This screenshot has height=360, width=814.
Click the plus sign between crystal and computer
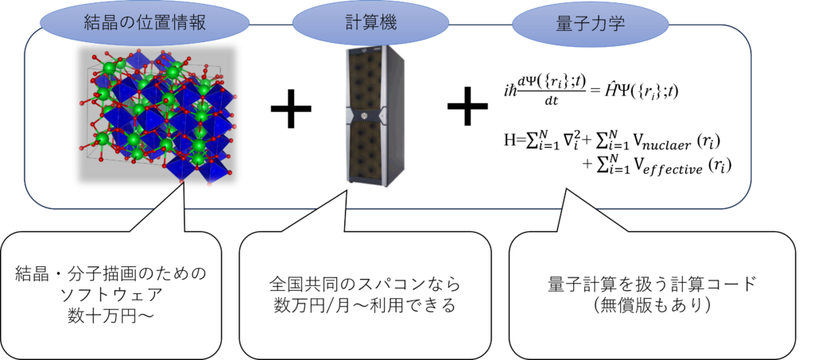pyautogui.click(x=291, y=109)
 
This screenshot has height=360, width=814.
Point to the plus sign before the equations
pyautogui.click(x=467, y=106)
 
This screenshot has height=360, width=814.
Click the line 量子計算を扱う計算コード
pyautogui.click(x=652, y=285)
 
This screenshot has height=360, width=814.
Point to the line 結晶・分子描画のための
pyautogui.click(x=111, y=273)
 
